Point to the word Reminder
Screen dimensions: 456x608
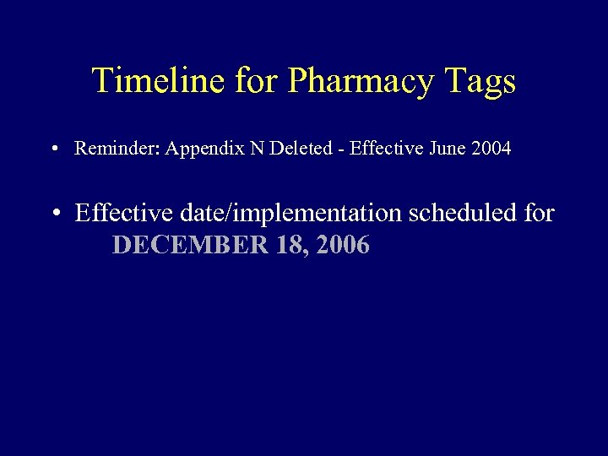click(x=118, y=149)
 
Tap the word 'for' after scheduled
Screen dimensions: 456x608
click(x=539, y=213)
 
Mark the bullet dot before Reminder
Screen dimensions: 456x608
click(x=53, y=149)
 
